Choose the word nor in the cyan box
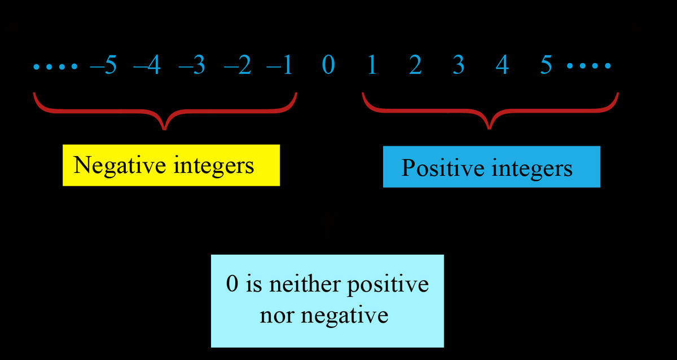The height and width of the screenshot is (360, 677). pos(278,314)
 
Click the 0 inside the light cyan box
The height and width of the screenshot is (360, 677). pos(232,283)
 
